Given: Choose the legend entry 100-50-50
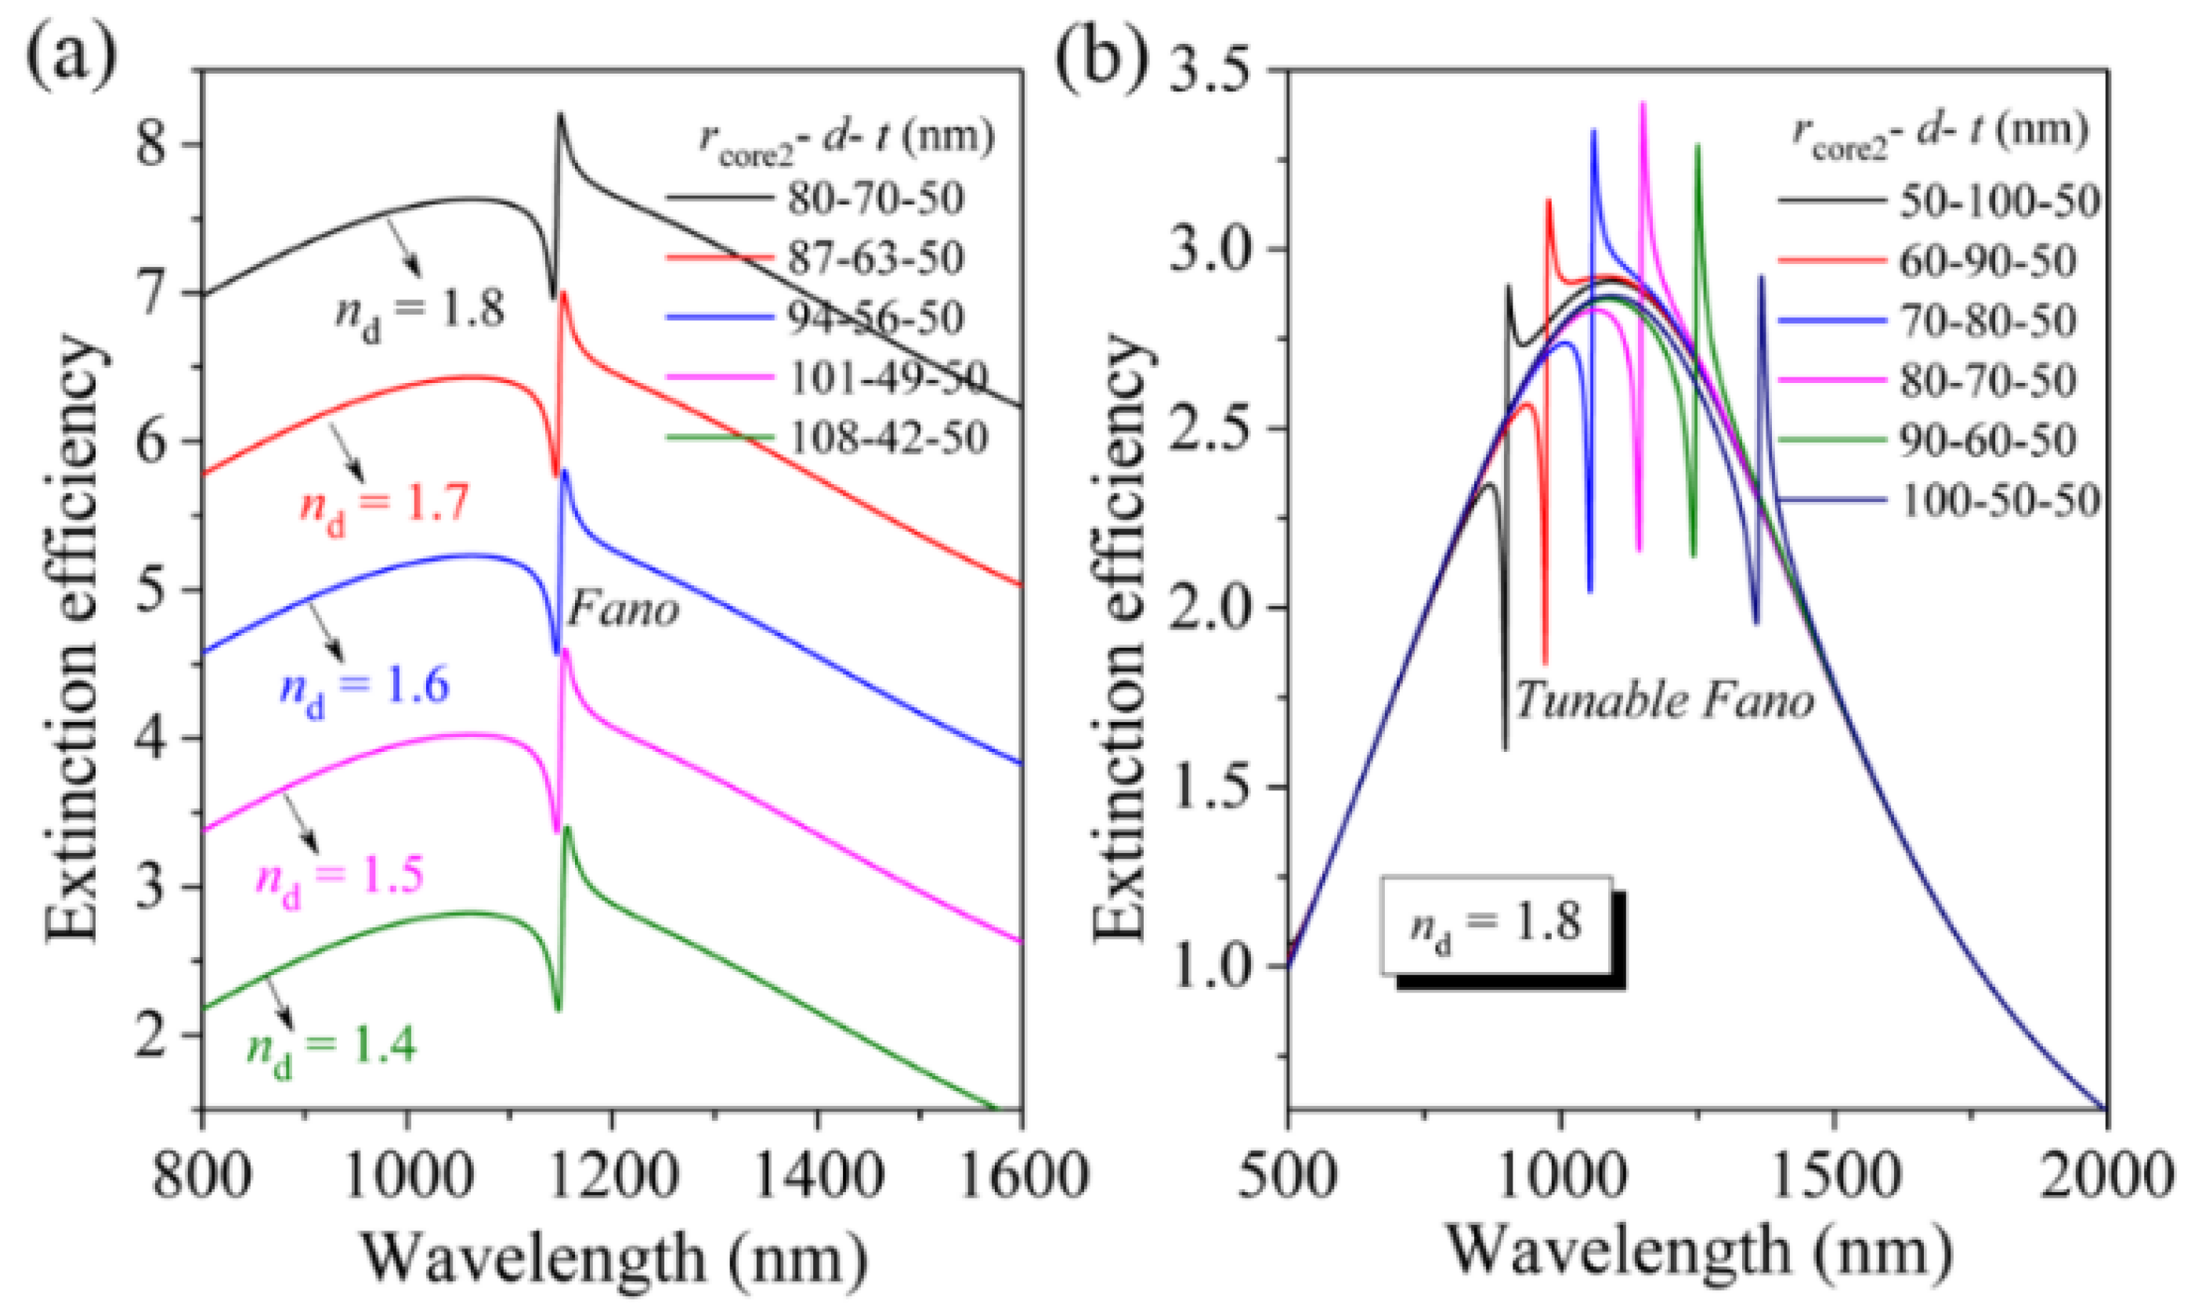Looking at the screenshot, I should (x=1999, y=500).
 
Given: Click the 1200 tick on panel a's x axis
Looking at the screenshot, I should (x=612, y=1176).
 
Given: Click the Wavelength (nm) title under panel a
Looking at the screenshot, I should (x=614, y=1259).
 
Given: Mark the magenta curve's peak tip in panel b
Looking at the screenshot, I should (x=1643, y=104).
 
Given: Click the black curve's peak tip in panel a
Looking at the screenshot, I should (x=559, y=114).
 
